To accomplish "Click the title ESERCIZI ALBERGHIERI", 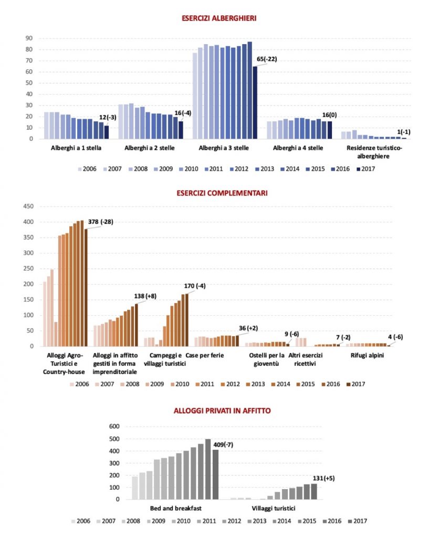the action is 219,18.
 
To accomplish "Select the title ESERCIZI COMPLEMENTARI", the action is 222,193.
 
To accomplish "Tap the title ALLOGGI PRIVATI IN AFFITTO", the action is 222,411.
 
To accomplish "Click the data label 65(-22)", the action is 266,59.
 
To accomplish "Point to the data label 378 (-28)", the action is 100,222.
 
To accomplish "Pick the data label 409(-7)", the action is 223,444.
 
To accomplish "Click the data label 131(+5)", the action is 323,478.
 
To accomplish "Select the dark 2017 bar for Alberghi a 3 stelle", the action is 255,102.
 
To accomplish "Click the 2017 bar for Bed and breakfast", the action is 215,474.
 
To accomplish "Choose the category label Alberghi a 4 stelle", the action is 298,148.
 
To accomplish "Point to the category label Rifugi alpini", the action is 367,356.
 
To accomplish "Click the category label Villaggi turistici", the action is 273,508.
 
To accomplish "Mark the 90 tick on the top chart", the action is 29,38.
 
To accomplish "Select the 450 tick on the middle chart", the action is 28,206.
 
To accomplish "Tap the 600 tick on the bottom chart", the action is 114,427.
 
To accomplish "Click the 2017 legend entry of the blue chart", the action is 366,169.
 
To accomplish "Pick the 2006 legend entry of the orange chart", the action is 80,384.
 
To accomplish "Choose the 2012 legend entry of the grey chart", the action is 232,521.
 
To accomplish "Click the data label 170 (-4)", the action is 195,286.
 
